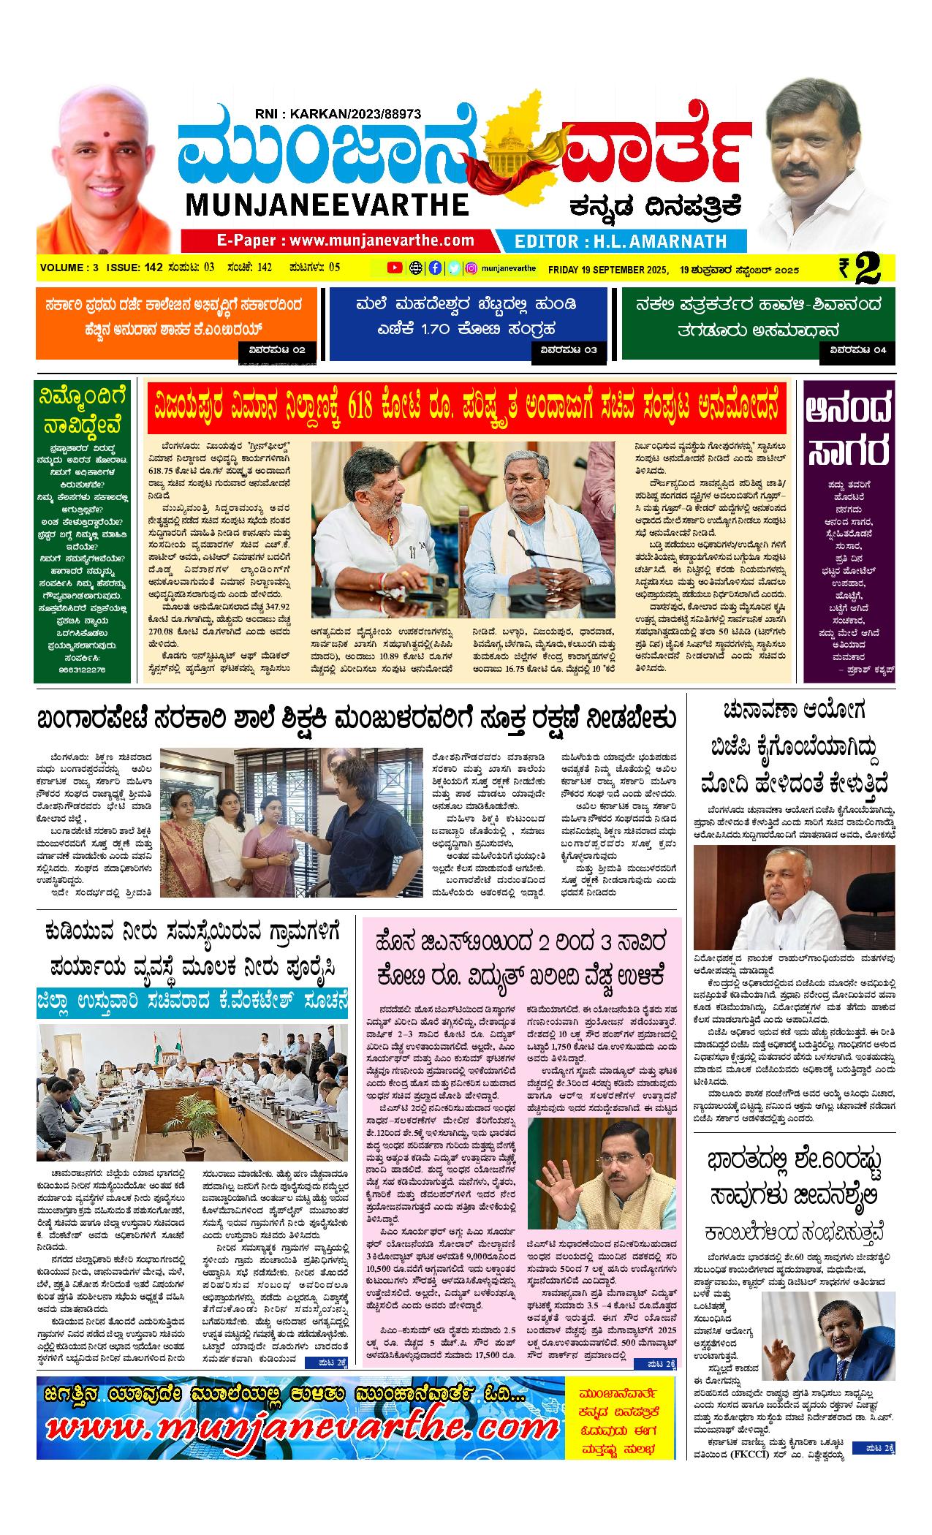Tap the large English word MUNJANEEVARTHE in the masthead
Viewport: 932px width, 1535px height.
click(327, 205)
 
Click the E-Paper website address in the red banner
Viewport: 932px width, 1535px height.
click(345, 240)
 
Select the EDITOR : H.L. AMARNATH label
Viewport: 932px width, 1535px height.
click(621, 241)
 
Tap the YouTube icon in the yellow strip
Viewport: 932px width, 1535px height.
click(394, 268)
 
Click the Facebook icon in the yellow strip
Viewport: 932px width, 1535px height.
click(434, 268)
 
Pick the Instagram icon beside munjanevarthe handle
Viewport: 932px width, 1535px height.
click(472, 268)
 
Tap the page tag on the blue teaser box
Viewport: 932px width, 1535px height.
click(568, 350)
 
